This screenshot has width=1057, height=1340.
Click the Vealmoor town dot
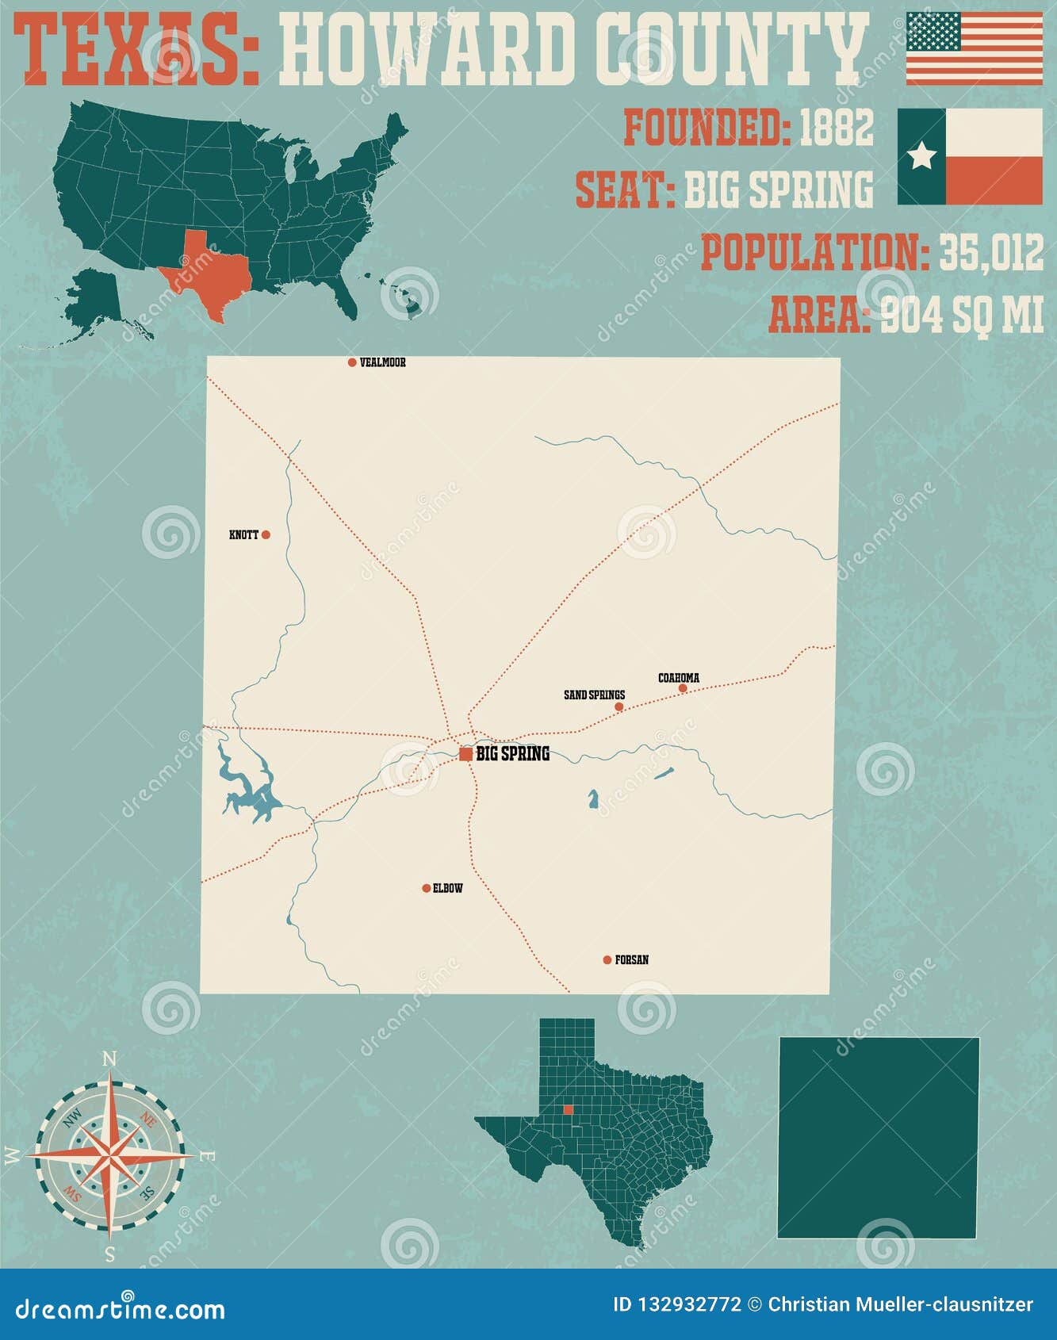click(x=352, y=362)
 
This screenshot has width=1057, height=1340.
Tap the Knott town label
click(x=243, y=535)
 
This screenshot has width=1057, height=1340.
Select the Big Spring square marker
click(x=466, y=754)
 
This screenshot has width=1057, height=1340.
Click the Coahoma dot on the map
click(x=683, y=688)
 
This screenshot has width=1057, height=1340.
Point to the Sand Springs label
click(x=594, y=695)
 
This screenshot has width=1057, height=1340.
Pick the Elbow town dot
click(x=427, y=888)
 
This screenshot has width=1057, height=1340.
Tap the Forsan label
click(x=631, y=960)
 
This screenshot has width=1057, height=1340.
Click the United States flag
click(x=975, y=48)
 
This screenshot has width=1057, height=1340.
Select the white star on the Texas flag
click(x=921, y=156)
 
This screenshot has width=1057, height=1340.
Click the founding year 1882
click(x=836, y=127)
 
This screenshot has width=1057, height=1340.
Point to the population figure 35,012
click(x=991, y=253)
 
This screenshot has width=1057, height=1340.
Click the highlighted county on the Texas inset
click(x=568, y=1109)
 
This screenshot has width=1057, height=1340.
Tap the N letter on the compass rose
click(x=110, y=1059)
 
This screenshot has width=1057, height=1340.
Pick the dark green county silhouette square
click(x=879, y=1137)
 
